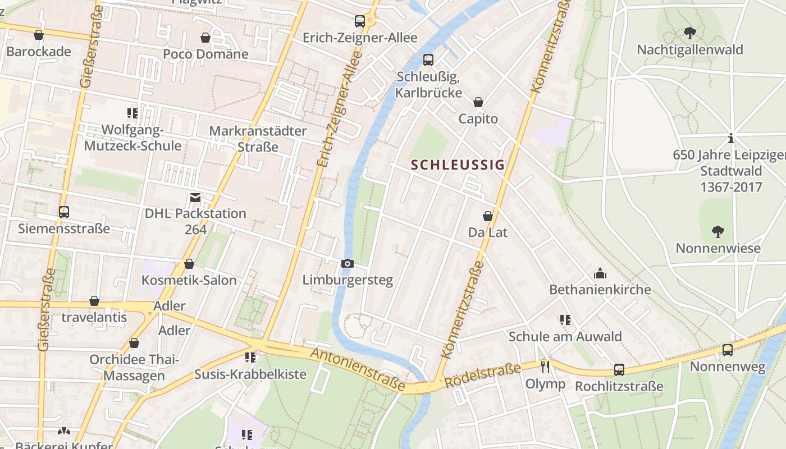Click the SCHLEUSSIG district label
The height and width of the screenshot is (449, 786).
point(458,165)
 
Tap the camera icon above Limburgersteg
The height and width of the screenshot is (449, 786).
point(348,263)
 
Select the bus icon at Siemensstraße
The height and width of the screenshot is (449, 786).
point(64,212)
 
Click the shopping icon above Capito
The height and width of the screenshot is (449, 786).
point(478,102)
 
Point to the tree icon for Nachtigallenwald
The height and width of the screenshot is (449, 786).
point(689,33)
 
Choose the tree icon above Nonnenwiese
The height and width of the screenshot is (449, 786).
point(718,231)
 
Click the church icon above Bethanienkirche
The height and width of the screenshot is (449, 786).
point(600,273)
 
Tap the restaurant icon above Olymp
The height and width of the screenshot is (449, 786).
point(545,367)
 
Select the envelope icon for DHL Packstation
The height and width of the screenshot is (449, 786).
point(195,197)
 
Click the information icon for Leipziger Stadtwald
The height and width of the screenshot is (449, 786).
point(731,138)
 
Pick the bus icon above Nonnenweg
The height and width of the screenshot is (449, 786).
point(728,350)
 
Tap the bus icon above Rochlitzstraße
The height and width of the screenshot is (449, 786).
point(619,370)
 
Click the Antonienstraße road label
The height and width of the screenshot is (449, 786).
point(357,369)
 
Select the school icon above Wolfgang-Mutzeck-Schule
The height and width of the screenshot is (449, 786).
point(132,113)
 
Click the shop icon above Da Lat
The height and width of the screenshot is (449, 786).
point(488,216)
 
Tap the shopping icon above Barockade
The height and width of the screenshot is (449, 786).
point(39,35)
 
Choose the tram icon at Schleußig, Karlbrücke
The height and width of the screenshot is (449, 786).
point(428,59)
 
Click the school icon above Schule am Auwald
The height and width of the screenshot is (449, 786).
point(565,320)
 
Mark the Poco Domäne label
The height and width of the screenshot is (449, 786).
point(205,54)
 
